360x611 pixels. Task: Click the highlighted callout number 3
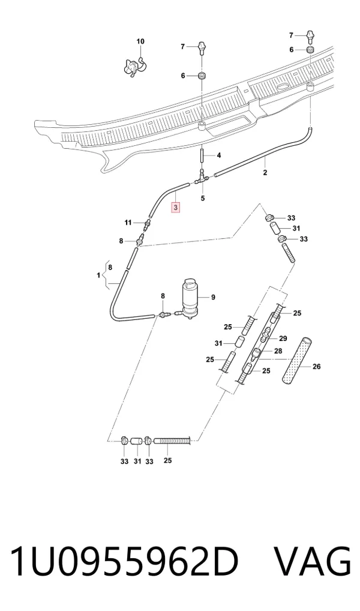tap(176, 207)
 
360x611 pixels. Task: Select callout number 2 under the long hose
tap(265, 172)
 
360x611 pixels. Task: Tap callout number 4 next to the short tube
tap(219, 155)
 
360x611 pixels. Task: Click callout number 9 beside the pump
tap(213, 297)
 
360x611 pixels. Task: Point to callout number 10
tap(140, 41)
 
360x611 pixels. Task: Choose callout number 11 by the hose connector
tap(128, 223)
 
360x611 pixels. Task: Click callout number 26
tap(317, 366)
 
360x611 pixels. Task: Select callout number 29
tap(283, 339)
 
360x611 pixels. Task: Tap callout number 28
tap(278, 351)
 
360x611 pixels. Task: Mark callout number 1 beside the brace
tap(98, 275)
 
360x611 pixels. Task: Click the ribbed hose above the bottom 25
tap(172, 441)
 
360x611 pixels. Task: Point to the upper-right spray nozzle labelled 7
tap(310, 37)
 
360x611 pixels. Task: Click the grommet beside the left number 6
tap(202, 75)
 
